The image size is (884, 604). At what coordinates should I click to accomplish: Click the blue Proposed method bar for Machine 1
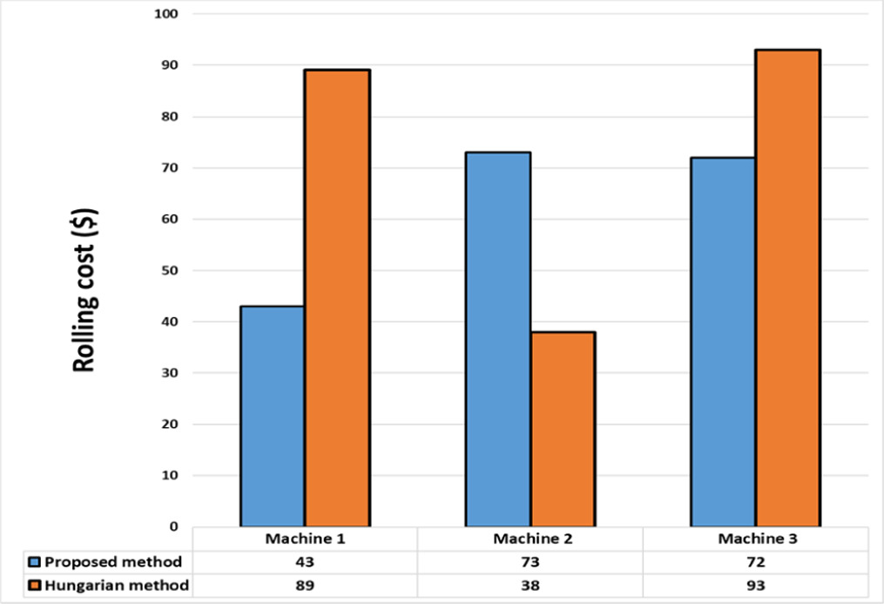tap(273, 416)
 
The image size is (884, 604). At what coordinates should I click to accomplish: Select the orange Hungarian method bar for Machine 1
tap(337, 298)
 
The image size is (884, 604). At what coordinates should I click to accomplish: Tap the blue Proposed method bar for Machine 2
tap(498, 339)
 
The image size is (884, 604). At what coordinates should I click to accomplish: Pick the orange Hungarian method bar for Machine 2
tap(563, 429)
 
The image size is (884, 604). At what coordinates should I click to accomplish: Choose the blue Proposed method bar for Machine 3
tap(723, 342)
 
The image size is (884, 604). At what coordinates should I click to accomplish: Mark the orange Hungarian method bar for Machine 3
tap(787, 288)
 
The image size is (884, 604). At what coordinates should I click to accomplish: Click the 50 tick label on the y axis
tap(167, 270)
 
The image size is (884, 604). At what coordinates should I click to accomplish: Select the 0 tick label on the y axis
tap(173, 526)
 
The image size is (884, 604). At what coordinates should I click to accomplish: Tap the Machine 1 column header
tap(304, 540)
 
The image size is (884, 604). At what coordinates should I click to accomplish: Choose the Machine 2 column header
tap(530, 540)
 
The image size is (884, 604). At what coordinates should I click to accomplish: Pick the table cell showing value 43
tap(304, 561)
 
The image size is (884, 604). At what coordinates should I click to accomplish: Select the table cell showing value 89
tap(304, 585)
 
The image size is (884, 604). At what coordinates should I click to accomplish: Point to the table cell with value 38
tap(530, 585)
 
